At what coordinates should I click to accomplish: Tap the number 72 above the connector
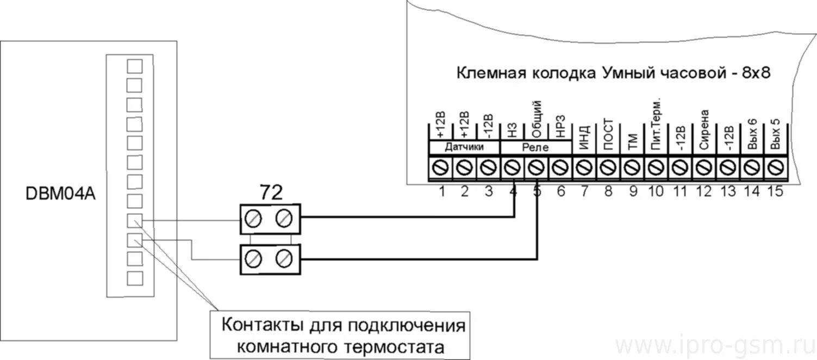click(x=270, y=192)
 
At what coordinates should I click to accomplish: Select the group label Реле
click(x=535, y=147)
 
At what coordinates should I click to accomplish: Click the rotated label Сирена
click(x=704, y=130)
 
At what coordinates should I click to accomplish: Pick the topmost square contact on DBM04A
click(x=134, y=66)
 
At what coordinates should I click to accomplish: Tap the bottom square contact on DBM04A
click(x=134, y=278)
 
